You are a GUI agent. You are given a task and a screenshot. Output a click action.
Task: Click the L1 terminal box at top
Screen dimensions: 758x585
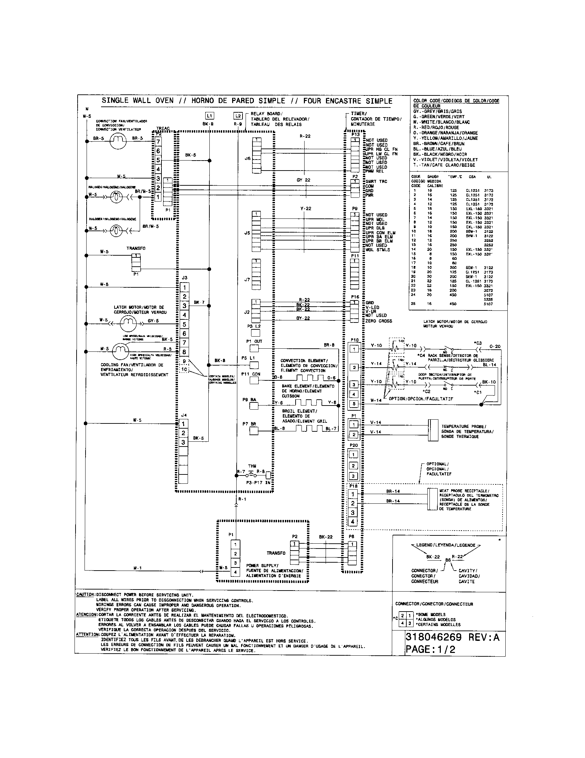tap(209, 116)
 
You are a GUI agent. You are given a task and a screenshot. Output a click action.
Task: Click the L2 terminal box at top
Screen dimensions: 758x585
tap(238, 116)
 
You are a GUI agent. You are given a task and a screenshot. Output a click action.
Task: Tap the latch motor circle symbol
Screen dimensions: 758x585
tap(128, 324)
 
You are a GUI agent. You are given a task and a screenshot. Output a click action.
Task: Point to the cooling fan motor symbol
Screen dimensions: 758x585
tap(120, 351)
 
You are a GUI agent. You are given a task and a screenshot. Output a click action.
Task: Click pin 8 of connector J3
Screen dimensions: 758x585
tap(184, 352)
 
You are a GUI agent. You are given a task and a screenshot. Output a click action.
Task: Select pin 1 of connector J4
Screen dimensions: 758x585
tap(184, 423)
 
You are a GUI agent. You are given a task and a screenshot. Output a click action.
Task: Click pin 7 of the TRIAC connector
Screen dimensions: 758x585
tap(158, 142)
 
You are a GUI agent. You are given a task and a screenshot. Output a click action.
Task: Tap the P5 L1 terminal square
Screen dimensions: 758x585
tap(254, 365)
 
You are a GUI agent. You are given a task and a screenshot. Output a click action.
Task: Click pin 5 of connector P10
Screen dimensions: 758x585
tap(354, 404)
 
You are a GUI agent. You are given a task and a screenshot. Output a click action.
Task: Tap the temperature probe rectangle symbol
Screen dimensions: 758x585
tap(433, 430)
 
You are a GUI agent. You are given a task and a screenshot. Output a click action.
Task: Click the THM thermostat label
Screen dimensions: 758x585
tap(252, 466)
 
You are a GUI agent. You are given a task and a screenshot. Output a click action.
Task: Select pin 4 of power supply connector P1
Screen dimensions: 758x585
tap(236, 572)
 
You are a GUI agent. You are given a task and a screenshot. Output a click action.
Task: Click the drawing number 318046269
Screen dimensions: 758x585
tap(434, 637)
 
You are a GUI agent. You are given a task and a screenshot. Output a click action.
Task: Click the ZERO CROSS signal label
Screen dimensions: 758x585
tap(379, 321)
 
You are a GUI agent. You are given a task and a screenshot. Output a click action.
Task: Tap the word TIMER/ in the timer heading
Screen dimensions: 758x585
tap(358, 113)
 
